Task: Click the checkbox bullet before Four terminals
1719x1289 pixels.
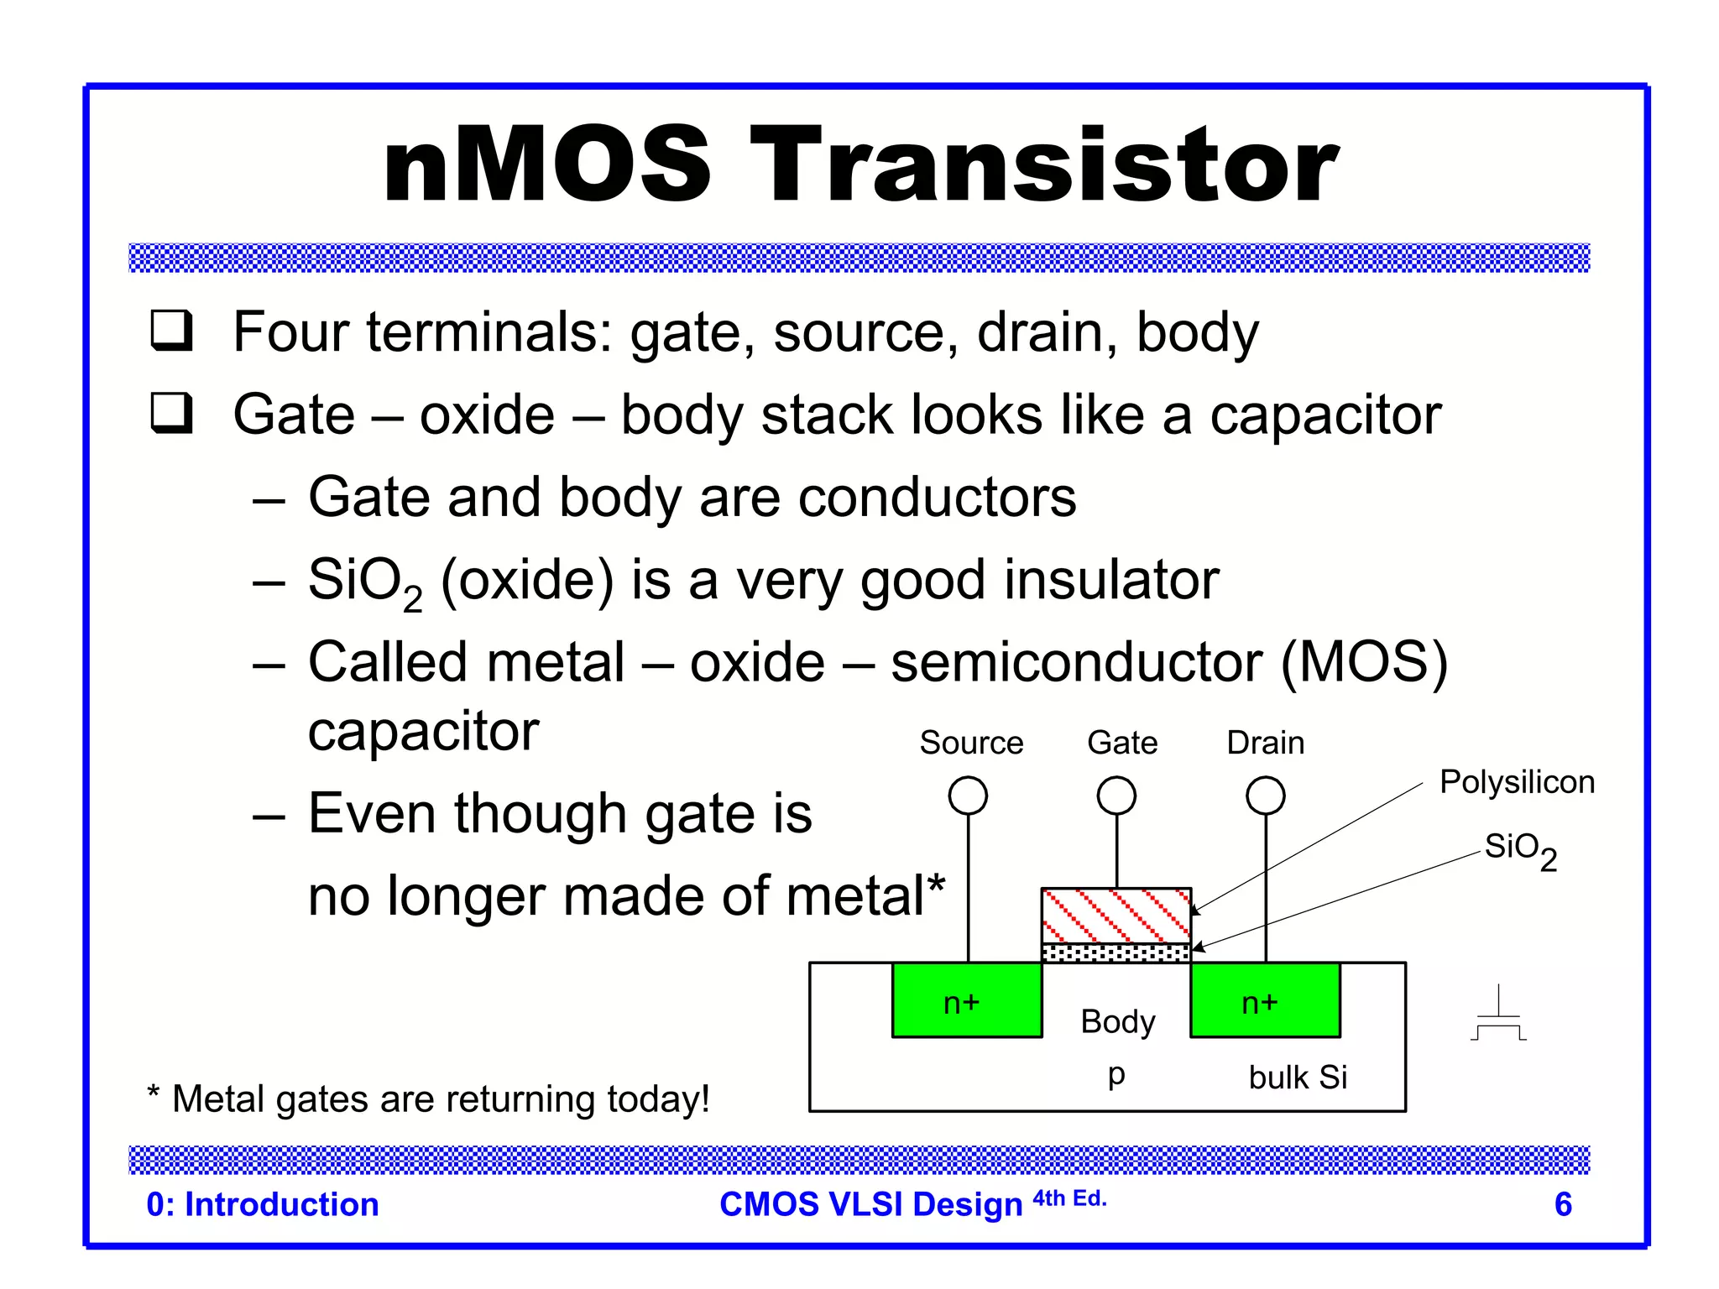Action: (x=171, y=331)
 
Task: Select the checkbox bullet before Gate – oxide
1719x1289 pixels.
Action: (x=171, y=413)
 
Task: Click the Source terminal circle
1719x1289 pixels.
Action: (x=968, y=796)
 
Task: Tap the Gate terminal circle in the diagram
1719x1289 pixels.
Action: (x=1116, y=796)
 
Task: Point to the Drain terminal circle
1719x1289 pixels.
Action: (x=1266, y=796)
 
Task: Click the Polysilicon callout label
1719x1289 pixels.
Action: (x=1517, y=782)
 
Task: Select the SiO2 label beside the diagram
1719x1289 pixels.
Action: (x=1520, y=849)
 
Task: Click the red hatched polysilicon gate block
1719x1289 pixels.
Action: (x=1116, y=916)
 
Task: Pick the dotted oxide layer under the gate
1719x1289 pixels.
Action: (x=1116, y=952)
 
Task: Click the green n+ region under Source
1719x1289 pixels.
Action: (x=966, y=1001)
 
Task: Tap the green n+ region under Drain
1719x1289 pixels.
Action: (x=1264, y=1001)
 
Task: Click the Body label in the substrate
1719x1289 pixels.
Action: (x=1118, y=1022)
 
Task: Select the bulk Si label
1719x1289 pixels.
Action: (x=1298, y=1078)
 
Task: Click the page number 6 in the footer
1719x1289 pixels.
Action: (x=1563, y=1204)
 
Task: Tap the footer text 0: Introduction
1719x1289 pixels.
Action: (x=263, y=1204)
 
